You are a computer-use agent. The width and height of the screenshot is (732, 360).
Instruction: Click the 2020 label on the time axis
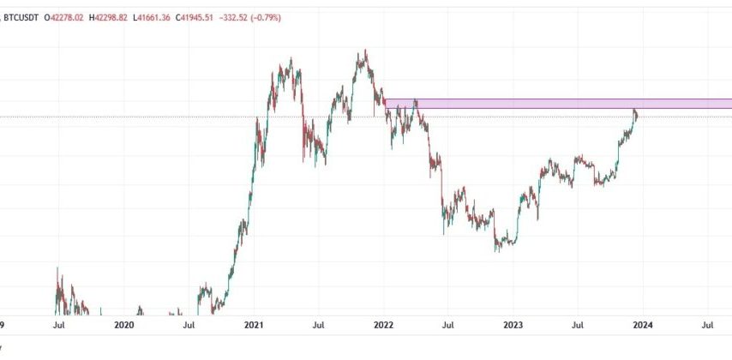(x=123, y=325)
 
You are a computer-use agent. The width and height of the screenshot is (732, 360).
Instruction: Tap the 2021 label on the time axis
(x=253, y=325)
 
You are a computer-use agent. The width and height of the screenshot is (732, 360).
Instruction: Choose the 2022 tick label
(x=382, y=325)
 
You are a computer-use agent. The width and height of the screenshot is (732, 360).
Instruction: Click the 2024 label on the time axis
(x=642, y=325)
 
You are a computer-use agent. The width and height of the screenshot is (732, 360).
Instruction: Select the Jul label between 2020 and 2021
(x=189, y=325)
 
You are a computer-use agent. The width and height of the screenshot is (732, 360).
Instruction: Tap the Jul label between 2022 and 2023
(x=448, y=325)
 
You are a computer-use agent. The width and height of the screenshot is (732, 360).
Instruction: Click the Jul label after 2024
(x=708, y=325)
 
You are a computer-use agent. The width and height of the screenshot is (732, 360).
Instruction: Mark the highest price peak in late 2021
(x=365, y=51)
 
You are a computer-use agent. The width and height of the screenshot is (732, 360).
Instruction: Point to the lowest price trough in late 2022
(x=497, y=250)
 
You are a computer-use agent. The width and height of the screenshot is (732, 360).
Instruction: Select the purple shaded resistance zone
(x=557, y=103)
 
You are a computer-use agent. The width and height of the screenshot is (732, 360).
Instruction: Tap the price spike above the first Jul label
(x=57, y=270)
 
